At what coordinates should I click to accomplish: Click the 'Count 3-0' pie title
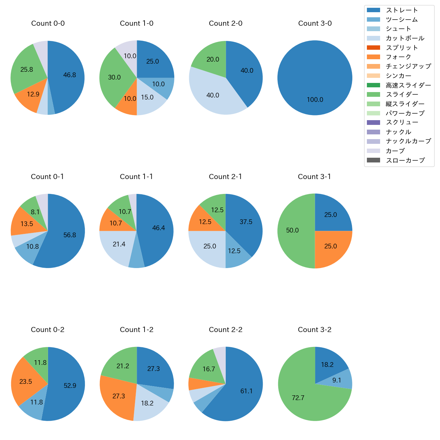click(315, 23)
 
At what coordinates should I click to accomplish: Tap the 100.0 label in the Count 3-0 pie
click(315, 100)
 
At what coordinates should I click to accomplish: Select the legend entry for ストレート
click(402, 10)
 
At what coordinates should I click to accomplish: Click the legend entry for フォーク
click(398, 57)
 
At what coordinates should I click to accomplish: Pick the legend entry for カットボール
click(405, 38)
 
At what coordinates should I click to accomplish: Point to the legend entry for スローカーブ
click(405, 160)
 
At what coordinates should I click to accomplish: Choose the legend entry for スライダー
click(402, 94)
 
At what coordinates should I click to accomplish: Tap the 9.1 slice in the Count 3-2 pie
click(342, 380)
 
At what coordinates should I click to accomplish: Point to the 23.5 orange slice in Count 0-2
click(27, 381)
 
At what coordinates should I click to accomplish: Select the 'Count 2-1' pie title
click(225, 177)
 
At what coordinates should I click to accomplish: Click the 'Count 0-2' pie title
click(47, 330)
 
